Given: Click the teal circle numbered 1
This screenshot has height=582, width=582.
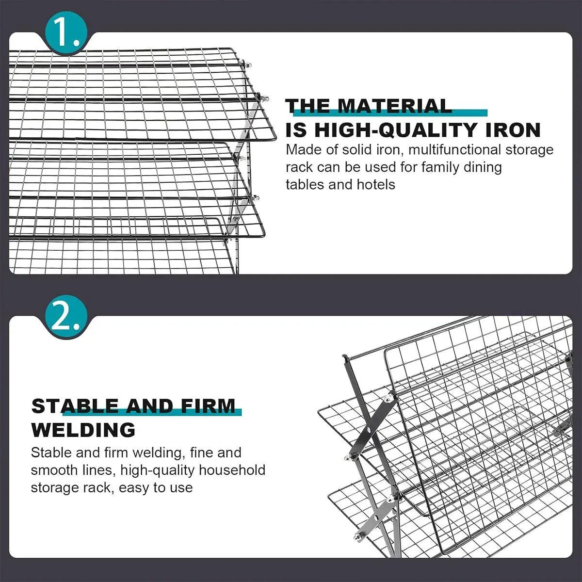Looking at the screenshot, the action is coord(66,33).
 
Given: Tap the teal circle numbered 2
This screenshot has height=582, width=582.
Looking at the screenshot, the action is coord(66,317).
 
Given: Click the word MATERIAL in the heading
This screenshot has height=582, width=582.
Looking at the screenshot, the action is coord(394,106).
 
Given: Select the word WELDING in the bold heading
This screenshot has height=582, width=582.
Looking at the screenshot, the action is coord(83,430).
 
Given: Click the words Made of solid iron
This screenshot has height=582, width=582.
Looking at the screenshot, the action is coord(342,150).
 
